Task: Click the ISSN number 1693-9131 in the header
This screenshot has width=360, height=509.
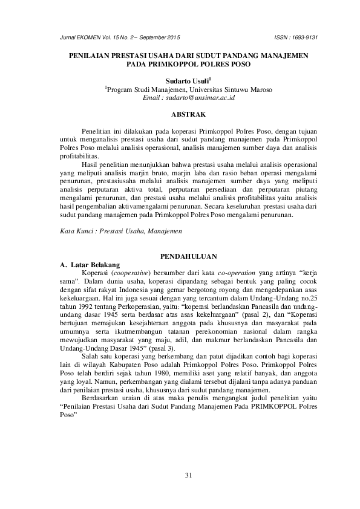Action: click(305, 37)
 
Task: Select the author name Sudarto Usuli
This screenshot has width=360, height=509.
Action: click(188, 79)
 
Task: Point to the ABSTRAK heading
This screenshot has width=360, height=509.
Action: click(188, 114)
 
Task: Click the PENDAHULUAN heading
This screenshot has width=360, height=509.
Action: click(188, 257)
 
